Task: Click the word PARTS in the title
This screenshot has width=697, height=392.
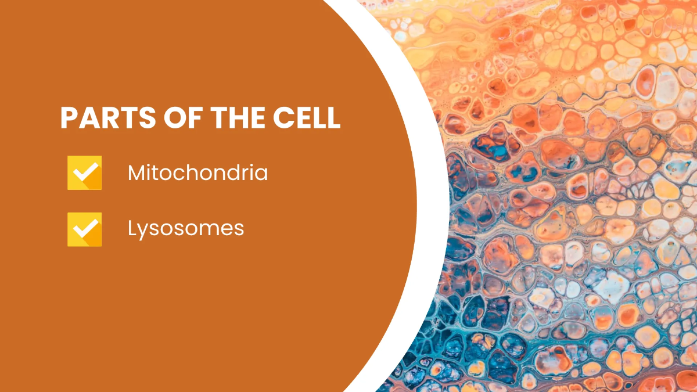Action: [x=108, y=117]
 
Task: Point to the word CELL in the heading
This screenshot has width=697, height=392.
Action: [x=307, y=117]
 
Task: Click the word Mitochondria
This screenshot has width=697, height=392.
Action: [x=198, y=172]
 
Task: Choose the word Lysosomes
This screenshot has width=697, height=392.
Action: [x=186, y=229]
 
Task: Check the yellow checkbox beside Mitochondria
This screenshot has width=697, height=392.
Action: [x=85, y=172]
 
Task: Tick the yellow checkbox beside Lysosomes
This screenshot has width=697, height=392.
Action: [x=85, y=229]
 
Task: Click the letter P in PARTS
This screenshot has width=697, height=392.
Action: [x=69, y=117]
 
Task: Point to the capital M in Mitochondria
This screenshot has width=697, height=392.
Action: [x=136, y=172]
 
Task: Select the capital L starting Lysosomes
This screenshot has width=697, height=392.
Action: [x=132, y=228]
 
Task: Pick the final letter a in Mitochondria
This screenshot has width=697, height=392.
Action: [x=261, y=175]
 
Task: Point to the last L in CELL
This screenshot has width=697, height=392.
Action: [x=333, y=117]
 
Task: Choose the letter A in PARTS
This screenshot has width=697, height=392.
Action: [x=89, y=117]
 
